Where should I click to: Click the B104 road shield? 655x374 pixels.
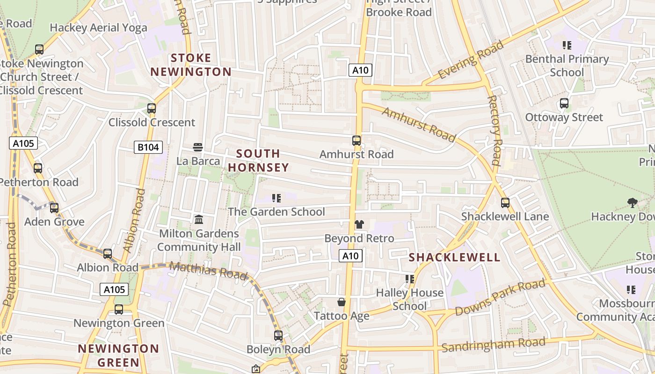tap(148, 148)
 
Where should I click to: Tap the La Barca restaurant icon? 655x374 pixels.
tap(198, 147)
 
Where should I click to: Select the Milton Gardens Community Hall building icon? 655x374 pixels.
tap(199, 219)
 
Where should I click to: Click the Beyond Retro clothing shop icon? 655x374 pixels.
tap(359, 224)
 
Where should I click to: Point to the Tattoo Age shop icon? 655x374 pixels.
tap(342, 302)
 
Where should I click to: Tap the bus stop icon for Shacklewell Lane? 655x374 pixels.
tap(505, 202)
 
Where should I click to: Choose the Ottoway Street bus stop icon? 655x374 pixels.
tap(564, 103)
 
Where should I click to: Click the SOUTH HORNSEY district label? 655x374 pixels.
tap(258, 160)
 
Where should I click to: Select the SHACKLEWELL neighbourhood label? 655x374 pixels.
tap(455, 258)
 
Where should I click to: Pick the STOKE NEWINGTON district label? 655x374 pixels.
tap(191, 65)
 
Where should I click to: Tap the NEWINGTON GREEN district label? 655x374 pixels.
tap(118, 355)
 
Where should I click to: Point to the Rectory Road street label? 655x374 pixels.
tap(495, 130)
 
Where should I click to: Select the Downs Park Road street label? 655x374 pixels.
tap(500, 297)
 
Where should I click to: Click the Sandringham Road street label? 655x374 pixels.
tap(494, 345)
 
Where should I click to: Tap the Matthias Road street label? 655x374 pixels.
tap(208, 271)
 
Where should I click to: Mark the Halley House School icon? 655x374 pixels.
tap(410, 279)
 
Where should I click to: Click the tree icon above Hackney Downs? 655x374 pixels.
tap(632, 202)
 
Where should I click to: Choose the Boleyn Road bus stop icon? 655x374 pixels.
tap(278, 335)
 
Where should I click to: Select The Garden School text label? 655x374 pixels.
tap(276, 212)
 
